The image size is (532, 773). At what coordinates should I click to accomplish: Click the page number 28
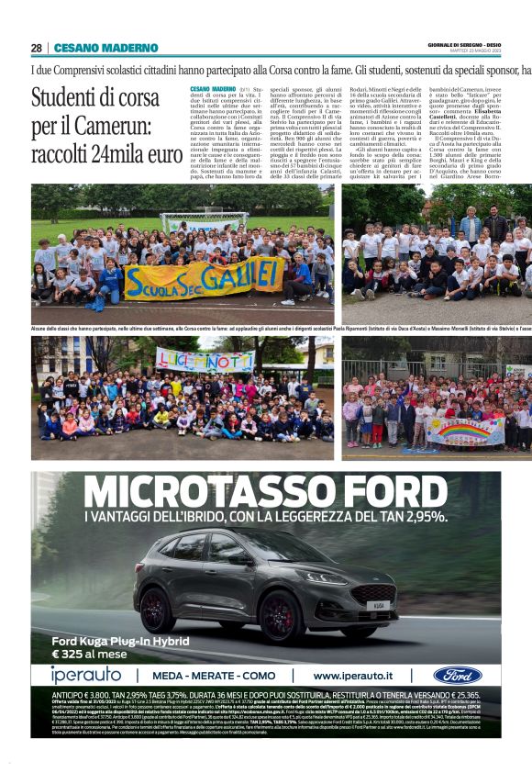tap(36, 48)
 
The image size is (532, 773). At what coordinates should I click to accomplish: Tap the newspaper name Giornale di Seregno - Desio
tap(489, 44)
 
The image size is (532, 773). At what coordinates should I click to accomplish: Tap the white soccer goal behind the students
tap(205, 221)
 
